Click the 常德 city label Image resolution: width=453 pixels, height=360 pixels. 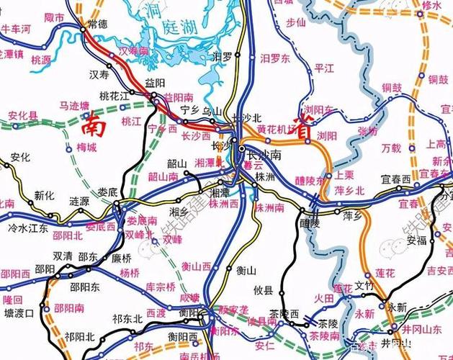[97, 23]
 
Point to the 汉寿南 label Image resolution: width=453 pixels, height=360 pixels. [133, 51]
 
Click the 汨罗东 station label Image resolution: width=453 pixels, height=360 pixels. [274, 56]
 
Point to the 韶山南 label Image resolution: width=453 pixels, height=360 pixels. [163, 176]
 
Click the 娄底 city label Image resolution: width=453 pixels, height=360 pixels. [107, 192]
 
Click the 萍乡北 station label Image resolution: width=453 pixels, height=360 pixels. [351, 190]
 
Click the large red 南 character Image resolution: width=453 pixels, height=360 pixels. [95, 127]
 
